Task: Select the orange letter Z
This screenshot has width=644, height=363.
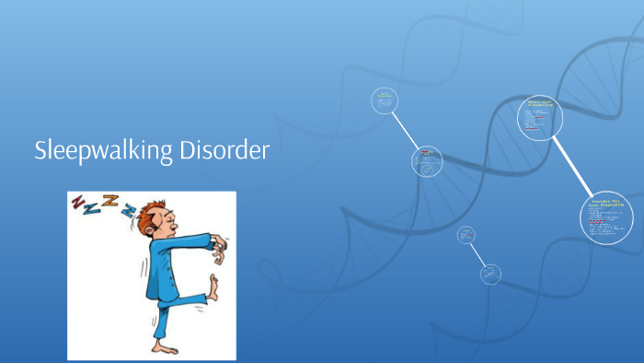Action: [111, 203]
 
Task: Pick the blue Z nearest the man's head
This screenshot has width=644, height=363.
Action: [130, 213]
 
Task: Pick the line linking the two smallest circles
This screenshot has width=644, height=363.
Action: [478, 254]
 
